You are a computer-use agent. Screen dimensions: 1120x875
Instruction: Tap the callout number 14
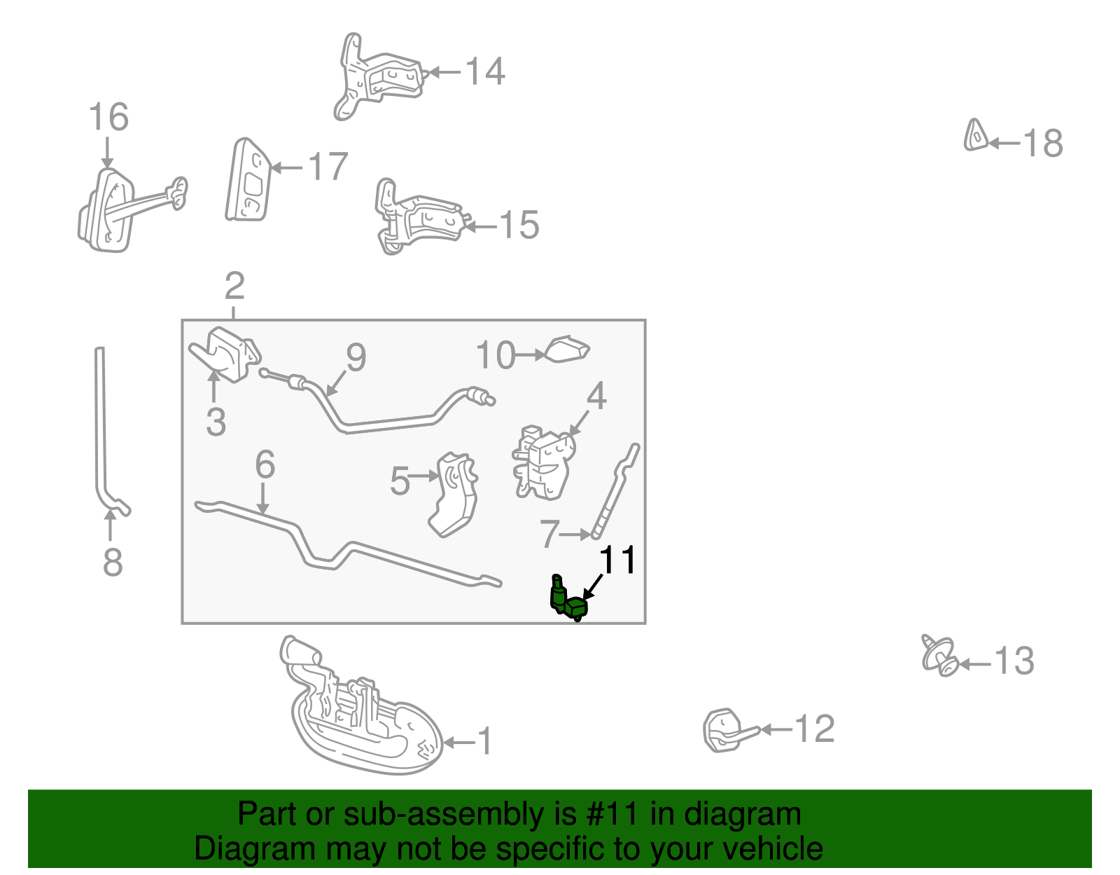[485, 71]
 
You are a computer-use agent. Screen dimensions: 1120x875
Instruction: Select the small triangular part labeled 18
[975, 136]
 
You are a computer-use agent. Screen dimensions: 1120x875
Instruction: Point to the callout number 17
[328, 167]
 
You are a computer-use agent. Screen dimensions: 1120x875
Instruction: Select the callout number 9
[356, 357]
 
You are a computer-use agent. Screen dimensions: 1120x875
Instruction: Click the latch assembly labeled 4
[544, 462]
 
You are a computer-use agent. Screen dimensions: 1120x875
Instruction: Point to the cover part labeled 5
[454, 494]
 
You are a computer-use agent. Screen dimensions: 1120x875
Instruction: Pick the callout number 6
[265, 464]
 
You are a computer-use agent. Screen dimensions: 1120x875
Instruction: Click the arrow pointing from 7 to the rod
[575, 535]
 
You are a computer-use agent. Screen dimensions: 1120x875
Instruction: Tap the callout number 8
[113, 562]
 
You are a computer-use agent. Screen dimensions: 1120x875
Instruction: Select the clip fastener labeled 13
[940, 655]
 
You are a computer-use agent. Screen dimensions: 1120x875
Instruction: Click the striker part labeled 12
[729, 730]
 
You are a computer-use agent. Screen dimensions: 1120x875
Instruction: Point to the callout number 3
[216, 422]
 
